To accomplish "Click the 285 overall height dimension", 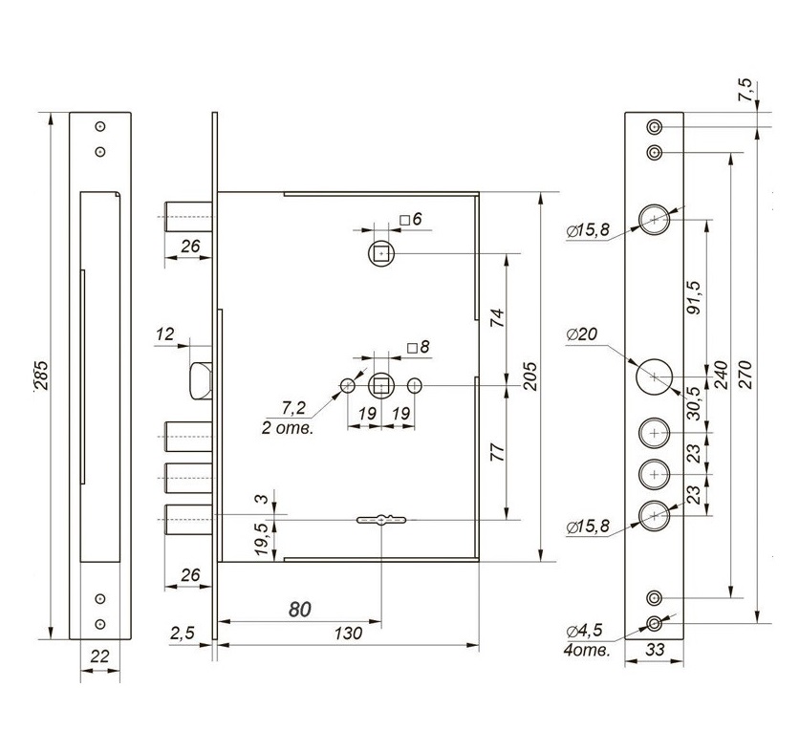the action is tap(42, 376).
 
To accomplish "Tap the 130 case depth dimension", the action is tap(348, 634).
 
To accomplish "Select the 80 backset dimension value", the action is tap(300, 610).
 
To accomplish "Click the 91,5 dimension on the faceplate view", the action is tap(694, 297).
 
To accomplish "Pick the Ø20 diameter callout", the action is tap(581, 334).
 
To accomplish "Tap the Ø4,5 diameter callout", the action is tap(585, 631).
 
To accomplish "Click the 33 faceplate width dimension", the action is tap(655, 650).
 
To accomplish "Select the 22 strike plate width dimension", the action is tap(99, 656).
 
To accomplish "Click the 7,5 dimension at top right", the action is tap(745, 89).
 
